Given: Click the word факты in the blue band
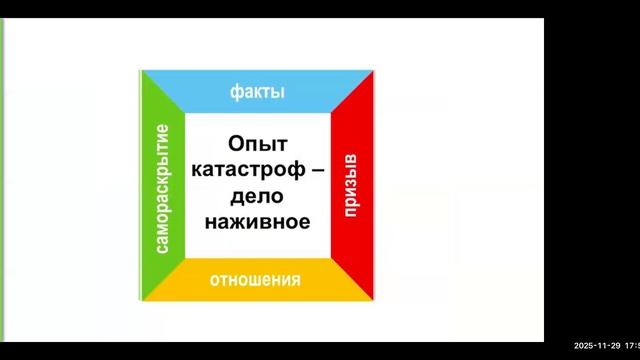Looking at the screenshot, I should (257, 92).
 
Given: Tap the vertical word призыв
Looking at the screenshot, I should (351, 185).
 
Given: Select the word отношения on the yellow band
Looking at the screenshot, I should (255, 279).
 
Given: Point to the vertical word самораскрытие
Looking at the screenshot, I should (163, 187).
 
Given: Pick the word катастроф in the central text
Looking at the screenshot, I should (243, 170).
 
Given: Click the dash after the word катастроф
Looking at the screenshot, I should (318, 171).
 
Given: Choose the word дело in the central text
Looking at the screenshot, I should (257, 196).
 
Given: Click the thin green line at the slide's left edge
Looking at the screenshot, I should (2, 180).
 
